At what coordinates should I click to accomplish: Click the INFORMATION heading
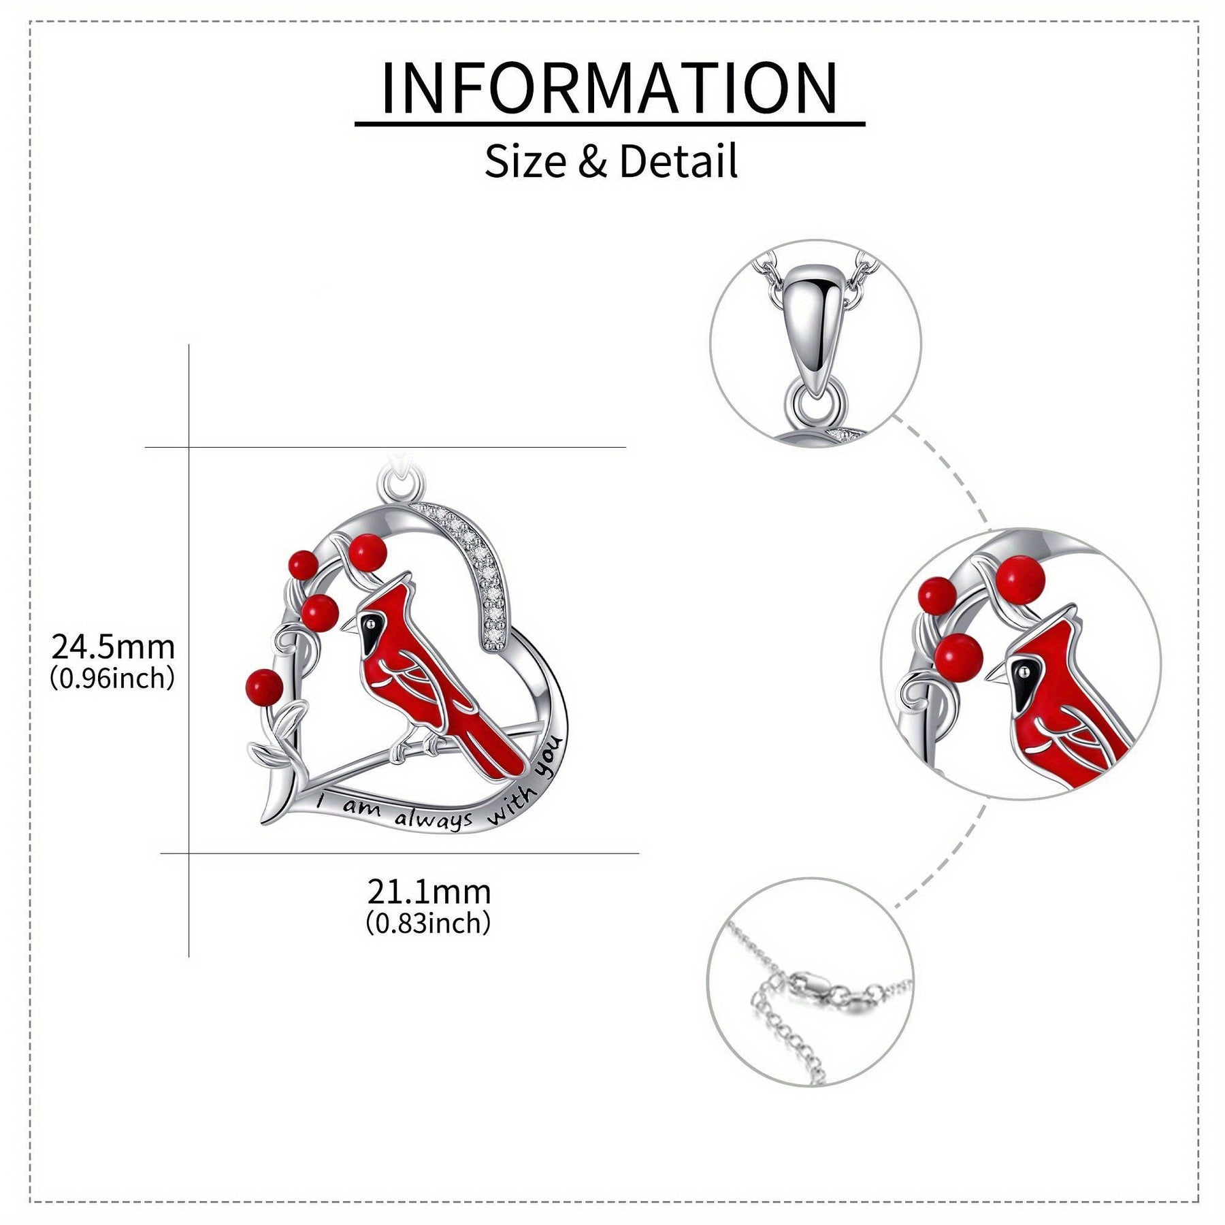(610, 88)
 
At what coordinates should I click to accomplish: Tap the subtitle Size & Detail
(610, 162)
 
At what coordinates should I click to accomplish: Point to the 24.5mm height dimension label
(114, 647)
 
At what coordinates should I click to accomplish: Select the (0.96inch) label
(113, 679)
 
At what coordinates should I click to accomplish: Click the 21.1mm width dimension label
(429, 892)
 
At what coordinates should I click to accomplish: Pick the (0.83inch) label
(429, 924)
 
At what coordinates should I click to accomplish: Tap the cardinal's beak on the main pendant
(348, 624)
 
